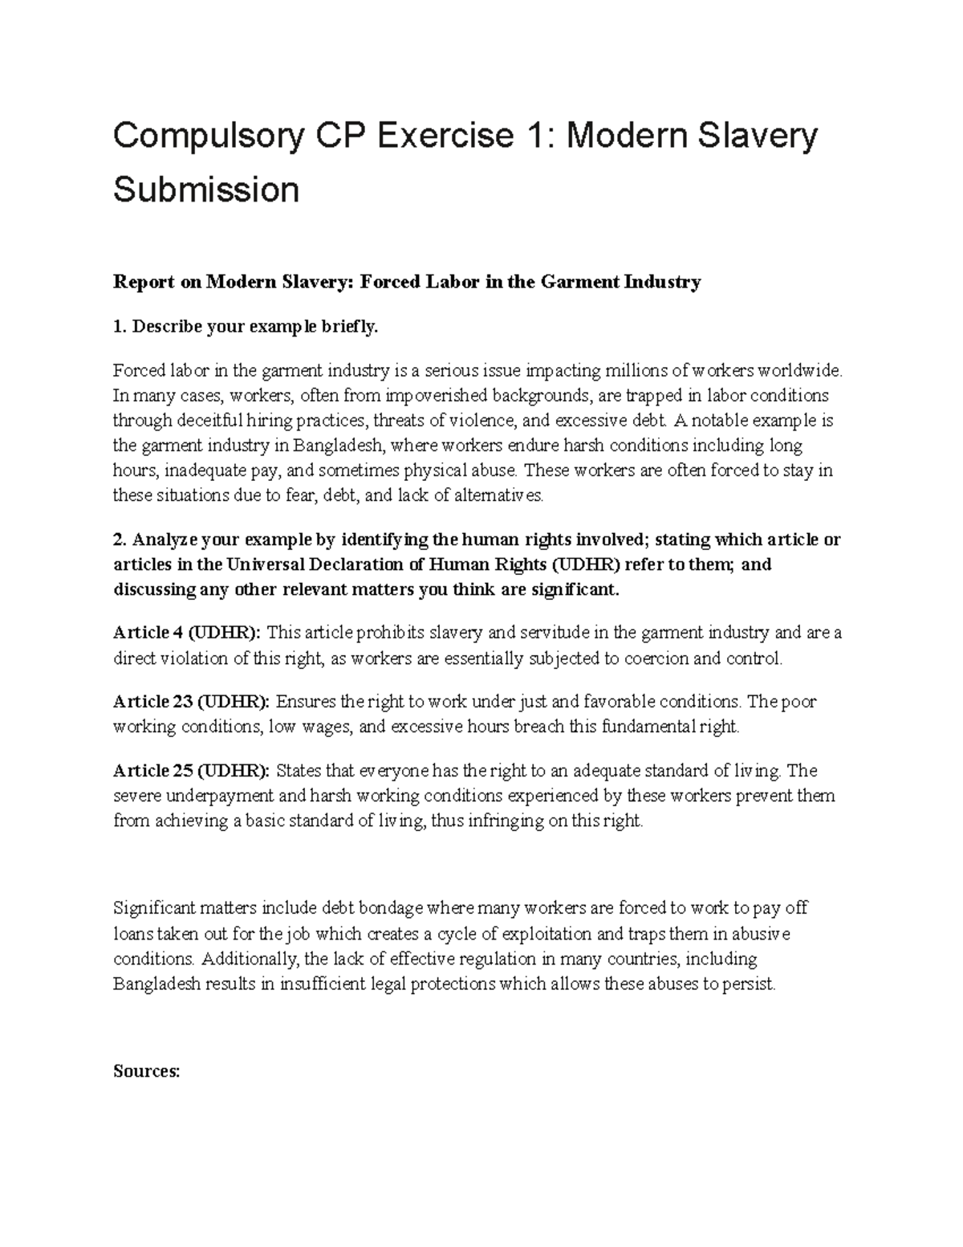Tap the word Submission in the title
[x=206, y=189]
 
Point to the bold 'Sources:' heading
[x=147, y=1071]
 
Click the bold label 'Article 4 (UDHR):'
[x=187, y=633]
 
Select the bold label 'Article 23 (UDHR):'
[x=191, y=702]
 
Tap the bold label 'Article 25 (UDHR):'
[x=191, y=771]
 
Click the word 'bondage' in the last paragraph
[x=389, y=909]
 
